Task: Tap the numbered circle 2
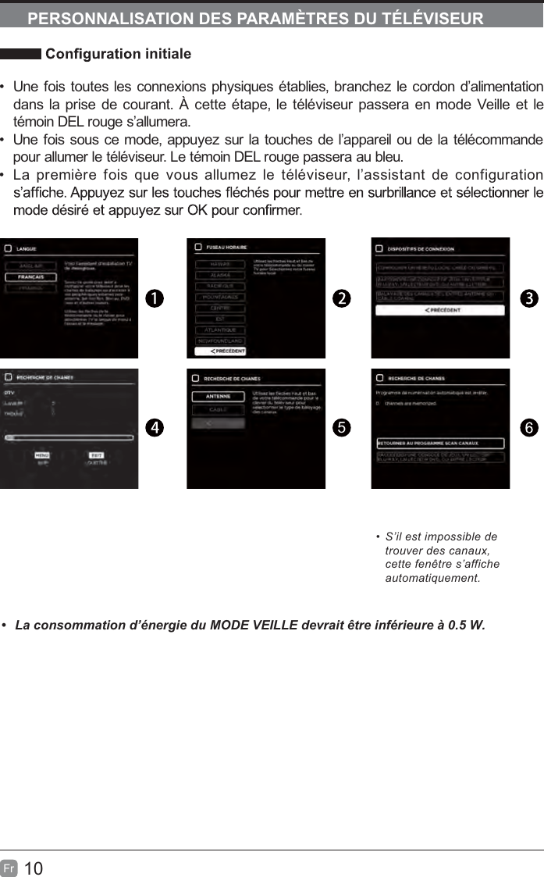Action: click(x=341, y=298)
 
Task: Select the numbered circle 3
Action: click(x=528, y=298)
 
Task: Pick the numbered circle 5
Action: click(x=341, y=427)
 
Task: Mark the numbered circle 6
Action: click(x=528, y=427)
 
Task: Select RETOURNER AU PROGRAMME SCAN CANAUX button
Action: click(x=440, y=443)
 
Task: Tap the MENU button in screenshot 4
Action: click(x=43, y=455)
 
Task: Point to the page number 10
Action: click(x=34, y=868)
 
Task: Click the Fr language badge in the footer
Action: click(x=9, y=868)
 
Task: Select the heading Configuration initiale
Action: click(x=119, y=55)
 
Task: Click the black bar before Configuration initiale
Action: click(x=20, y=55)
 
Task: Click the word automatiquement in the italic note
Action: click(x=433, y=579)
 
